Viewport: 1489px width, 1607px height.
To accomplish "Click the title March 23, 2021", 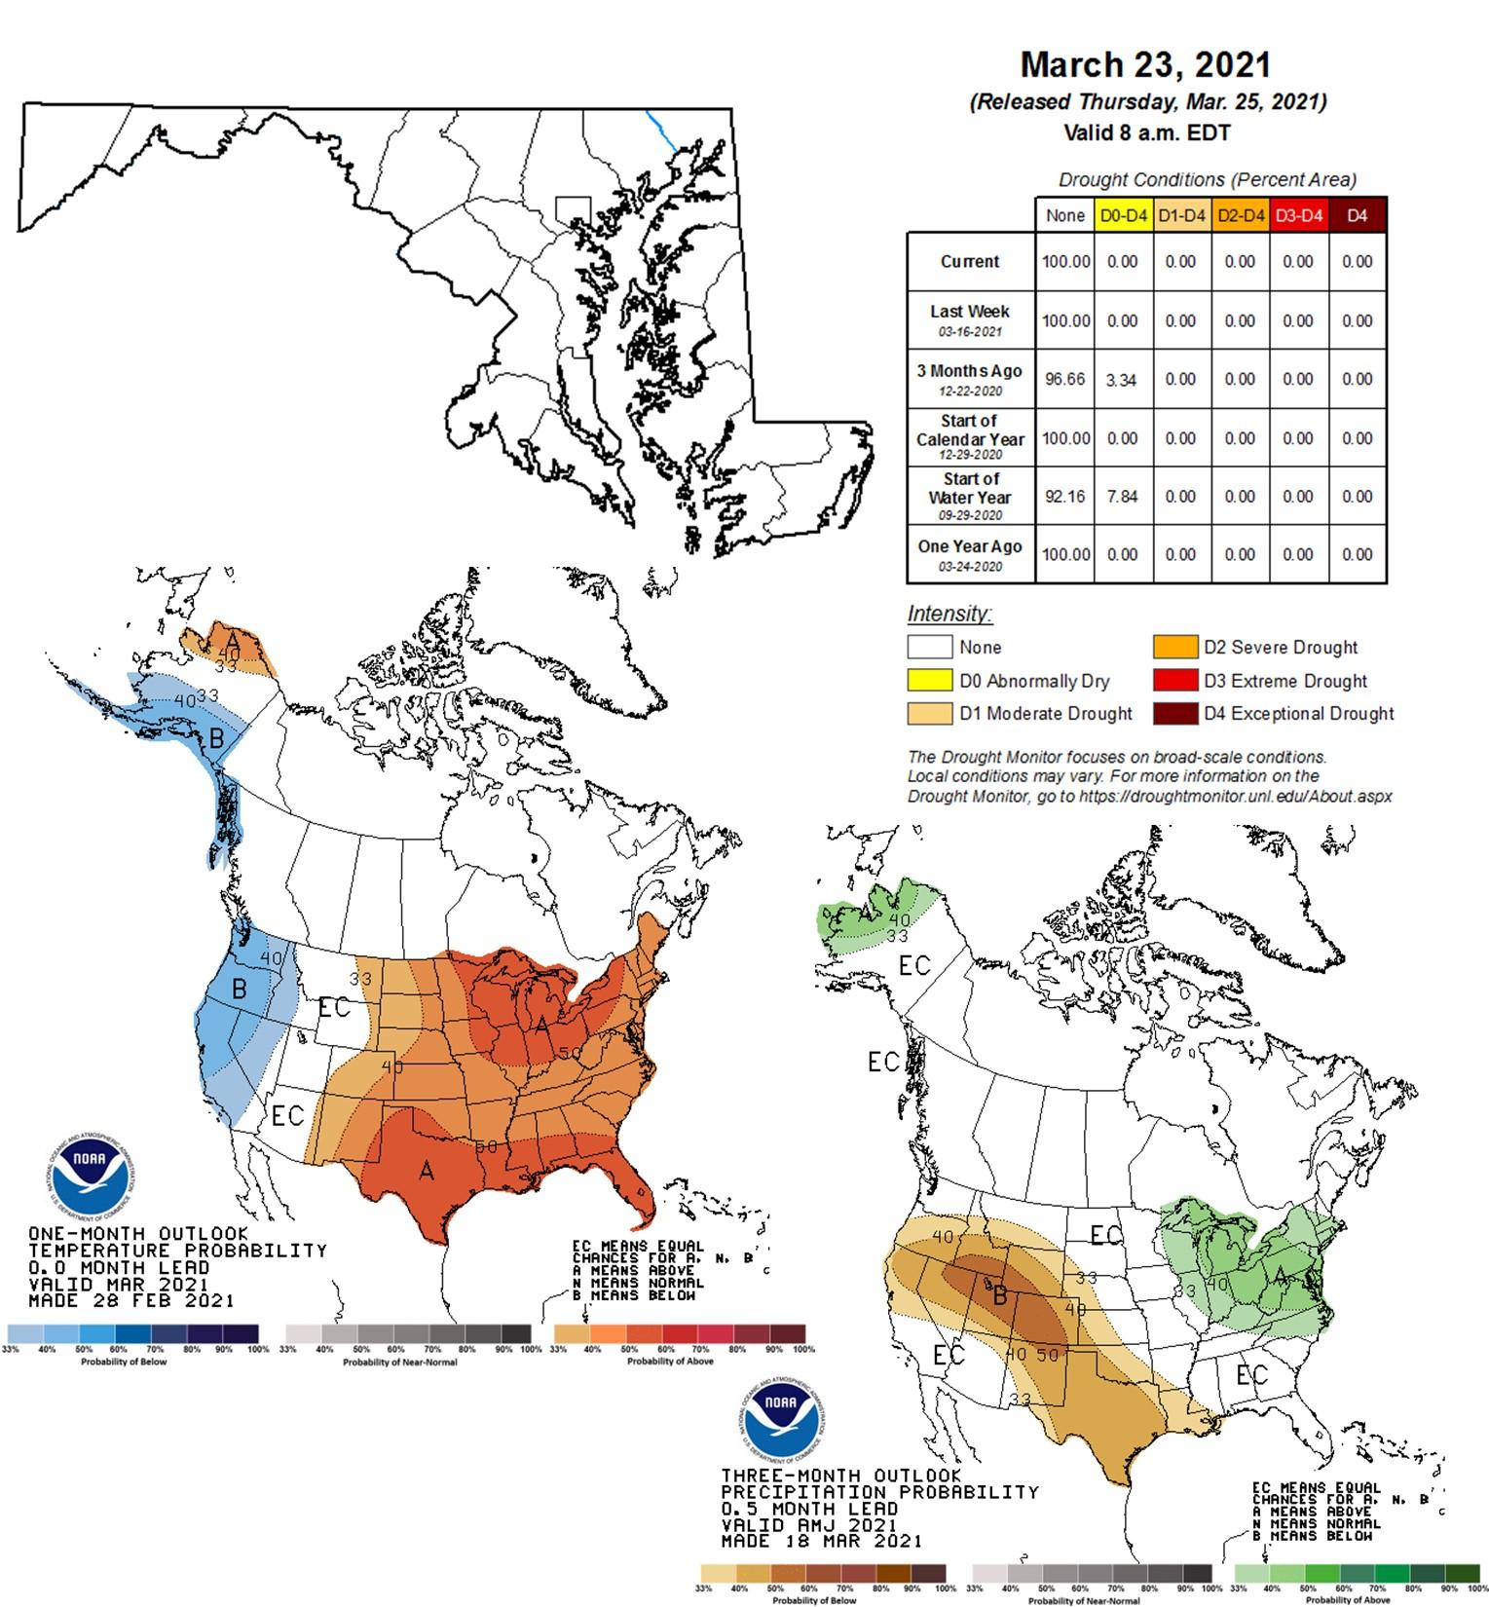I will (1145, 64).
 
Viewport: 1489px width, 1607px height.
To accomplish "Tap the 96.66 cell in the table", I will (1064, 379).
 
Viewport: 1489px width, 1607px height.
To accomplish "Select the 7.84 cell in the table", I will (1122, 496).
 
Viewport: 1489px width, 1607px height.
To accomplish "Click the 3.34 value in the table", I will (1122, 380).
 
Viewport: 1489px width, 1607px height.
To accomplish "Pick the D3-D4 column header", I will (1298, 215).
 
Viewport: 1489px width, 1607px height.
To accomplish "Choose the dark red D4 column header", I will (1357, 215).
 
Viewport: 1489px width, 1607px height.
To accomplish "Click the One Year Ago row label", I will (969, 553).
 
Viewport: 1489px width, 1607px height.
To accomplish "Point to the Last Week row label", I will (969, 318).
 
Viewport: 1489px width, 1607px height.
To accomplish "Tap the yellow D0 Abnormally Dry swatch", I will (929, 681).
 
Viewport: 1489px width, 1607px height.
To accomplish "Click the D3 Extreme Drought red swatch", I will (1174, 681).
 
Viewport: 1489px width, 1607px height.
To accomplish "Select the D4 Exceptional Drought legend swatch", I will (1174, 713).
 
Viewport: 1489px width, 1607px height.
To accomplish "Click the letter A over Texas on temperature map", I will (426, 1171).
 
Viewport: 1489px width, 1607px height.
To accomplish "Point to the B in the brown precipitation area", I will (998, 1295).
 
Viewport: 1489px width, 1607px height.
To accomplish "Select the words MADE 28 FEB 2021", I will (130, 1300).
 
